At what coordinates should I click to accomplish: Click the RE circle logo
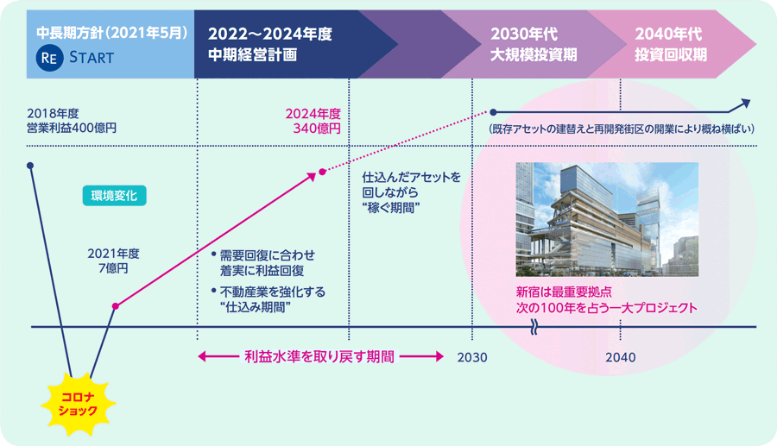[49, 58]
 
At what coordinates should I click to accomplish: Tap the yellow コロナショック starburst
[78, 404]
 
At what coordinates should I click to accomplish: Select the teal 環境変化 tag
[114, 196]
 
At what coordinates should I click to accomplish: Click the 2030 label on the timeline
[472, 357]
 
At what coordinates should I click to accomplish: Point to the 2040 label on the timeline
[621, 357]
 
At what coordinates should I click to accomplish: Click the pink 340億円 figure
[317, 129]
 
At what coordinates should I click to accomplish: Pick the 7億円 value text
[113, 268]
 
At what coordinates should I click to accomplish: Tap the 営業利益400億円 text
[72, 129]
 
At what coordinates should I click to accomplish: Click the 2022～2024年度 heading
[269, 35]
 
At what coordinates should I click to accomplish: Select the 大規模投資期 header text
[534, 55]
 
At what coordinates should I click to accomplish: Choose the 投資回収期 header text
[671, 55]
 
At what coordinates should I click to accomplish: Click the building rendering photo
[607, 219]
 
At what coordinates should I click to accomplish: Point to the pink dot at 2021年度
[116, 306]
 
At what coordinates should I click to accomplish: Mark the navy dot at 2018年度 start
[30, 166]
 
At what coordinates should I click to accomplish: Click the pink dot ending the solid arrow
[322, 172]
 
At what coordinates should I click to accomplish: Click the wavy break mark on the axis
[534, 327]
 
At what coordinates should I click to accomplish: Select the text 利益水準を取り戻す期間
[319, 356]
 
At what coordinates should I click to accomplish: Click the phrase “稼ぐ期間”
[391, 208]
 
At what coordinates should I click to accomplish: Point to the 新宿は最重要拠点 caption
[564, 292]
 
